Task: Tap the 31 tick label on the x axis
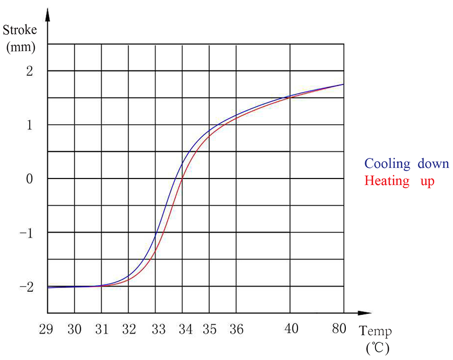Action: [102, 329]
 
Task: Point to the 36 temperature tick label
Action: [236, 329]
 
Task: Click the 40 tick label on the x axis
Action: [291, 329]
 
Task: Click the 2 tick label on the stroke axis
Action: [29, 71]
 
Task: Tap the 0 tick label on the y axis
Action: [29, 179]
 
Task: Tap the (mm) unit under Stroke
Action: [20, 48]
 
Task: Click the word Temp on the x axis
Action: [375, 331]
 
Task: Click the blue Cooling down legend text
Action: [406, 164]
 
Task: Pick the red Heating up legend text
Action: [399, 181]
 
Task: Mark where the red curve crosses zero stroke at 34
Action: [182, 178]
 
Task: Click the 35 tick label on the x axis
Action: [209, 329]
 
